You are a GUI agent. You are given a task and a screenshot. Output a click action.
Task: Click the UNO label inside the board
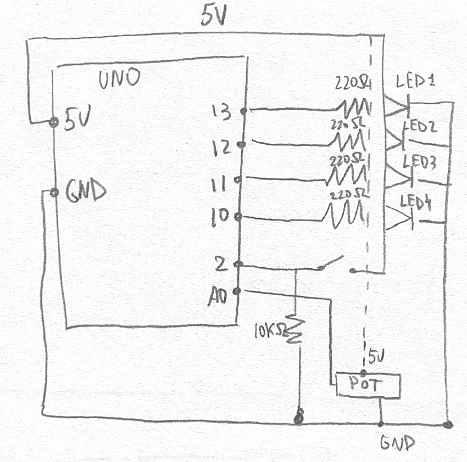click(120, 81)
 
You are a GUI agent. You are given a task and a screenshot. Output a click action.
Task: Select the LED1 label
click(416, 82)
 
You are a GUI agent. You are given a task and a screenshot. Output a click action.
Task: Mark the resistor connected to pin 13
click(353, 106)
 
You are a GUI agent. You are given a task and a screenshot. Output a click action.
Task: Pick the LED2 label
click(420, 127)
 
